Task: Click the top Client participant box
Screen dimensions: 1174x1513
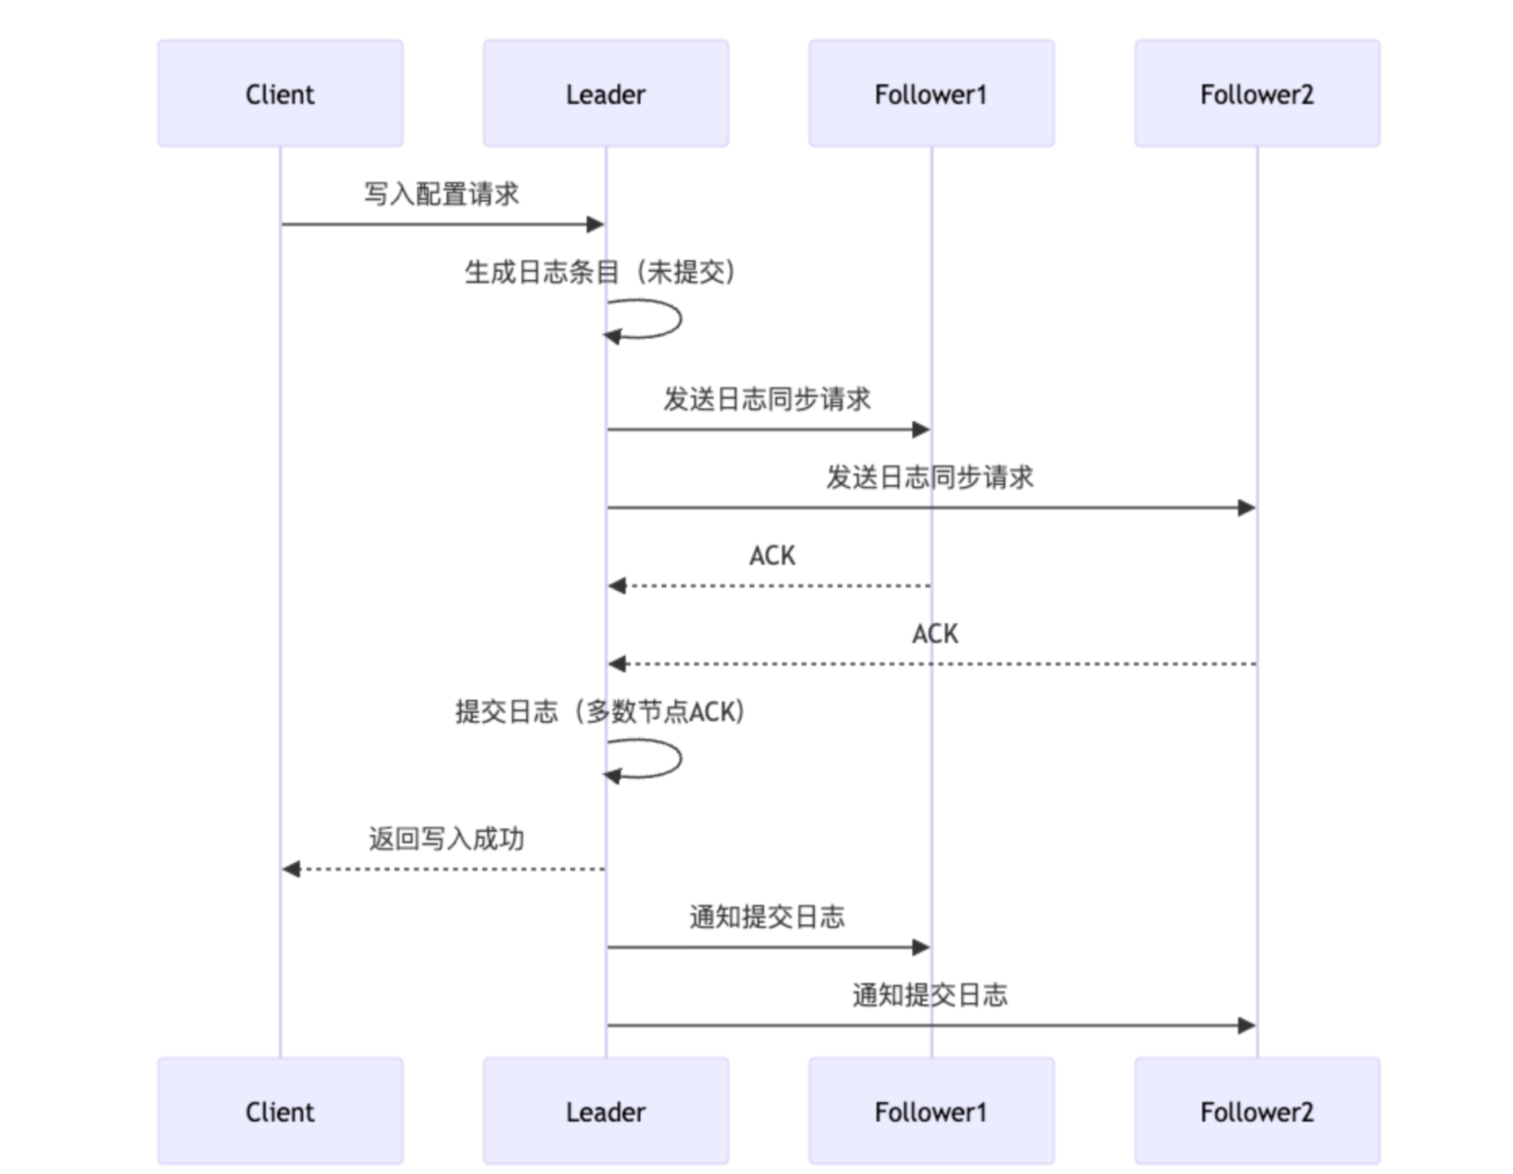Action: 279,94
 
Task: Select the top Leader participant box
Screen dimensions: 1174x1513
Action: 605,94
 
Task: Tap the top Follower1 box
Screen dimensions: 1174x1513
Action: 931,94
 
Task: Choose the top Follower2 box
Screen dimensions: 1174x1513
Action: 1256,94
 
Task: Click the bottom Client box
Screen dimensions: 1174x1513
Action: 279,1110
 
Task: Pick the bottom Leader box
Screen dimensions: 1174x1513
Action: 605,1110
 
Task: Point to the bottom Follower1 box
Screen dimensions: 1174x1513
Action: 931,1110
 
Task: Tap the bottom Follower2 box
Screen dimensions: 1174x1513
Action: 1256,1110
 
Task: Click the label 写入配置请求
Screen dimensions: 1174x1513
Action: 441,194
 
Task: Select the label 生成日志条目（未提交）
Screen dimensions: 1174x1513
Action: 600,272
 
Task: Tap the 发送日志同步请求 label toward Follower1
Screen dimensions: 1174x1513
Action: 766,399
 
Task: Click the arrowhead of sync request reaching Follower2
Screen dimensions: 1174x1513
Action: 1246,508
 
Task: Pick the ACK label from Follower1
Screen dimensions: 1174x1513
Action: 771,555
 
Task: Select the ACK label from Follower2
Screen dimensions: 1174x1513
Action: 934,633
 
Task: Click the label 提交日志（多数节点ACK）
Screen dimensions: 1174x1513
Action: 600,712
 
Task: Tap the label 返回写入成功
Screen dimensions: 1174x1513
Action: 445,839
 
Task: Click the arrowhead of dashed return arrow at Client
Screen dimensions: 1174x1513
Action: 292,870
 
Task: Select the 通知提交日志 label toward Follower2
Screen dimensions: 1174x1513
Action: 929,995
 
